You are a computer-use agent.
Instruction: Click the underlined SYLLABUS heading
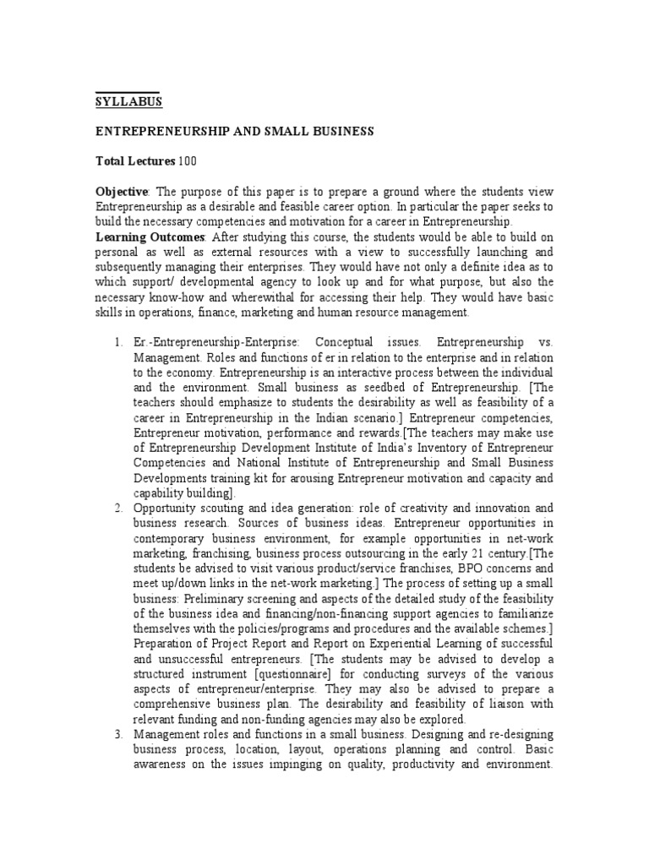(128, 102)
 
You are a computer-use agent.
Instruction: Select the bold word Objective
(121, 191)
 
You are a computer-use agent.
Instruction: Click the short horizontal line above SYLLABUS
(127, 90)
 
